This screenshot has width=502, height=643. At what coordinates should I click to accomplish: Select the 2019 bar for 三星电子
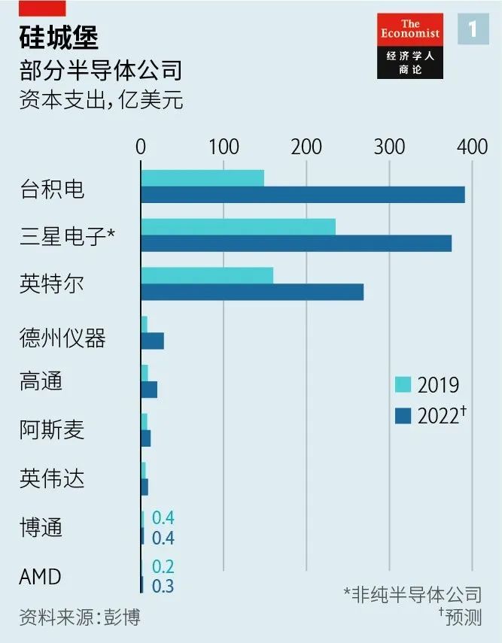[238, 226]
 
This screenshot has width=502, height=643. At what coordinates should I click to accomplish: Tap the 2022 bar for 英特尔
[252, 292]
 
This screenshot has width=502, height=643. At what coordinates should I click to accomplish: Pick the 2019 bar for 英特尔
[207, 275]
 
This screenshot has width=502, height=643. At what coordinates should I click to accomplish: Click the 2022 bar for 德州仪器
[152, 341]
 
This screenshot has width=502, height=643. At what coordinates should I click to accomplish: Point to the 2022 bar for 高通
[149, 390]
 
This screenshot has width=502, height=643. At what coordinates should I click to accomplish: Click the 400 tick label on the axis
[472, 147]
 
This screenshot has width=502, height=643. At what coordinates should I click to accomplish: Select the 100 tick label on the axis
[224, 147]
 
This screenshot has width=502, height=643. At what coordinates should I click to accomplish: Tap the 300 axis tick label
[389, 147]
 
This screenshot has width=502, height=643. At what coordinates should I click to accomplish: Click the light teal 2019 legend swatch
[403, 384]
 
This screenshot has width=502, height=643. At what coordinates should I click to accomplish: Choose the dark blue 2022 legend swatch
[403, 414]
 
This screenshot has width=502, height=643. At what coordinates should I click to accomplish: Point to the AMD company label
[41, 577]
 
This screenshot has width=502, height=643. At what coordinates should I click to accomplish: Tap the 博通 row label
[41, 527]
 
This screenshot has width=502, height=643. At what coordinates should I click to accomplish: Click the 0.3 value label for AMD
[163, 586]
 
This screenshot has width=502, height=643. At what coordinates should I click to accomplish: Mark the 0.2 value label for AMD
[163, 567]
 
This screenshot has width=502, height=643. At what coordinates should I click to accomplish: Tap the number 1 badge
[473, 30]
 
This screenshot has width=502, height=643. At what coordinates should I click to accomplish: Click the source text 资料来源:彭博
[80, 617]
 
